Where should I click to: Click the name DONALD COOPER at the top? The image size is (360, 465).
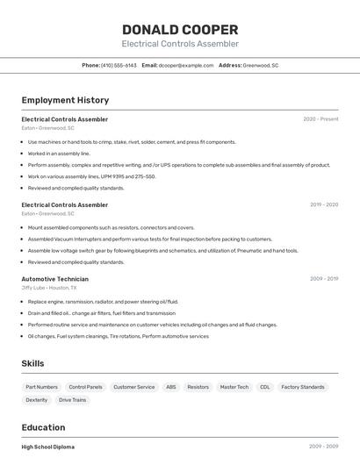pyautogui.click(x=179, y=29)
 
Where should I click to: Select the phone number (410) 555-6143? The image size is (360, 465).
pyautogui.click(x=119, y=65)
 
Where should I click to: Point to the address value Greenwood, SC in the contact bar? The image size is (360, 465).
pyautogui.click(x=261, y=65)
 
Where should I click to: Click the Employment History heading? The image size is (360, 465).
pyautogui.click(x=65, y=100)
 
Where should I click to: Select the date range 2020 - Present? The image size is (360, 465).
pyautogui.click(x=320, y=119)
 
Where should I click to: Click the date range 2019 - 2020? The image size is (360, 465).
pyautogui.click(x=323, y=204)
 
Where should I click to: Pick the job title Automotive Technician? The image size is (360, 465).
pyautogui.click(x=54, y=279)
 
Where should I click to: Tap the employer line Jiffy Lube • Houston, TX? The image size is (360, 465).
pyautogui.click(x=49, y=288)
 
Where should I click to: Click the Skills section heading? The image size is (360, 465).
pyautogui.click(x=32, y=363)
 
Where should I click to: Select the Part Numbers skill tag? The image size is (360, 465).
pyautogui.click(x=41, y=387)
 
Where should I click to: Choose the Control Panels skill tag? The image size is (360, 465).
pyautogui.click(x=85, y=387)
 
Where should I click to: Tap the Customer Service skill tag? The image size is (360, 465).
pyautogui.click(x=133, y=387)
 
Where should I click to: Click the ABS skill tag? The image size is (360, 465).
pyautogui.click(x=170, y=387)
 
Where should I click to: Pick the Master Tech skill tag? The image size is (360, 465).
pyautogui.click(x=234, y=387)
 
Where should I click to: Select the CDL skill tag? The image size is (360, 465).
pyautogui.click(x=264, y=387)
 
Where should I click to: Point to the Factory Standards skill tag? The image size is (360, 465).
pyautogui.click(x=303, y=387)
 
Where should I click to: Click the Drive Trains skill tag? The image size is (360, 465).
pyautogui.click(x=72, y=400)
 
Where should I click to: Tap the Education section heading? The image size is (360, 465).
pyautogui.click(x=44, y=428)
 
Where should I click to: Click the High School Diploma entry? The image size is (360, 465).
pyautogui.click(x=47, y=447)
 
